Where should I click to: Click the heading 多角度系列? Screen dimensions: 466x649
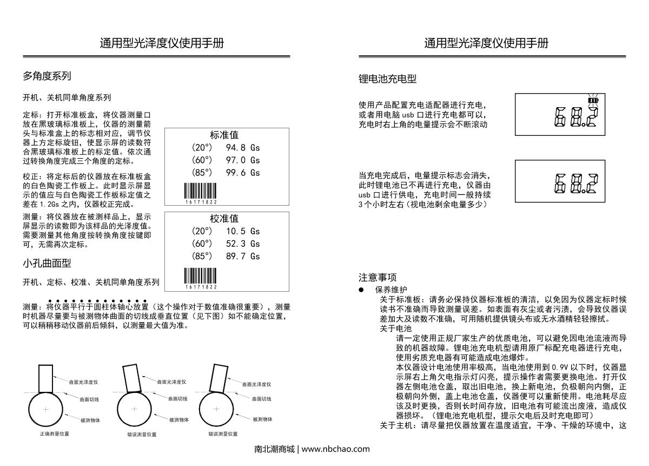47,76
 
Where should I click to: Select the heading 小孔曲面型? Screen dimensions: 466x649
47,264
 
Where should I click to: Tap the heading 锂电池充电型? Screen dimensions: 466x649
387,79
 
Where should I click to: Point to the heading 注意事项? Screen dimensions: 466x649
378,278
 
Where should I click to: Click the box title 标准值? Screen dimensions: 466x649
224,135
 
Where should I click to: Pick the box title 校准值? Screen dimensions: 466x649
224,219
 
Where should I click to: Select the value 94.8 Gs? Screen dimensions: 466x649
243,148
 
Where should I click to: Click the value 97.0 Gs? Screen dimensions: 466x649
243,160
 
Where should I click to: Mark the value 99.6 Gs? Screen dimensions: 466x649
243,173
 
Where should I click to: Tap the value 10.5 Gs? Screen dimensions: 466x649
243,231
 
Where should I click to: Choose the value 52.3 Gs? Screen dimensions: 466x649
243,244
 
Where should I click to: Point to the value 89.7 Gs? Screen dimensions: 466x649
243,256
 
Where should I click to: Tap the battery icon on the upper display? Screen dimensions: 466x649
594,100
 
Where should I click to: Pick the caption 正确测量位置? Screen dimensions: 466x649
54,434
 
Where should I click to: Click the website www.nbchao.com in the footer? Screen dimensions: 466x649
335,449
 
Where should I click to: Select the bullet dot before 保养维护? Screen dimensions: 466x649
361,290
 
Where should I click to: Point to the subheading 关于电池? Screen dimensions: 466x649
395,328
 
